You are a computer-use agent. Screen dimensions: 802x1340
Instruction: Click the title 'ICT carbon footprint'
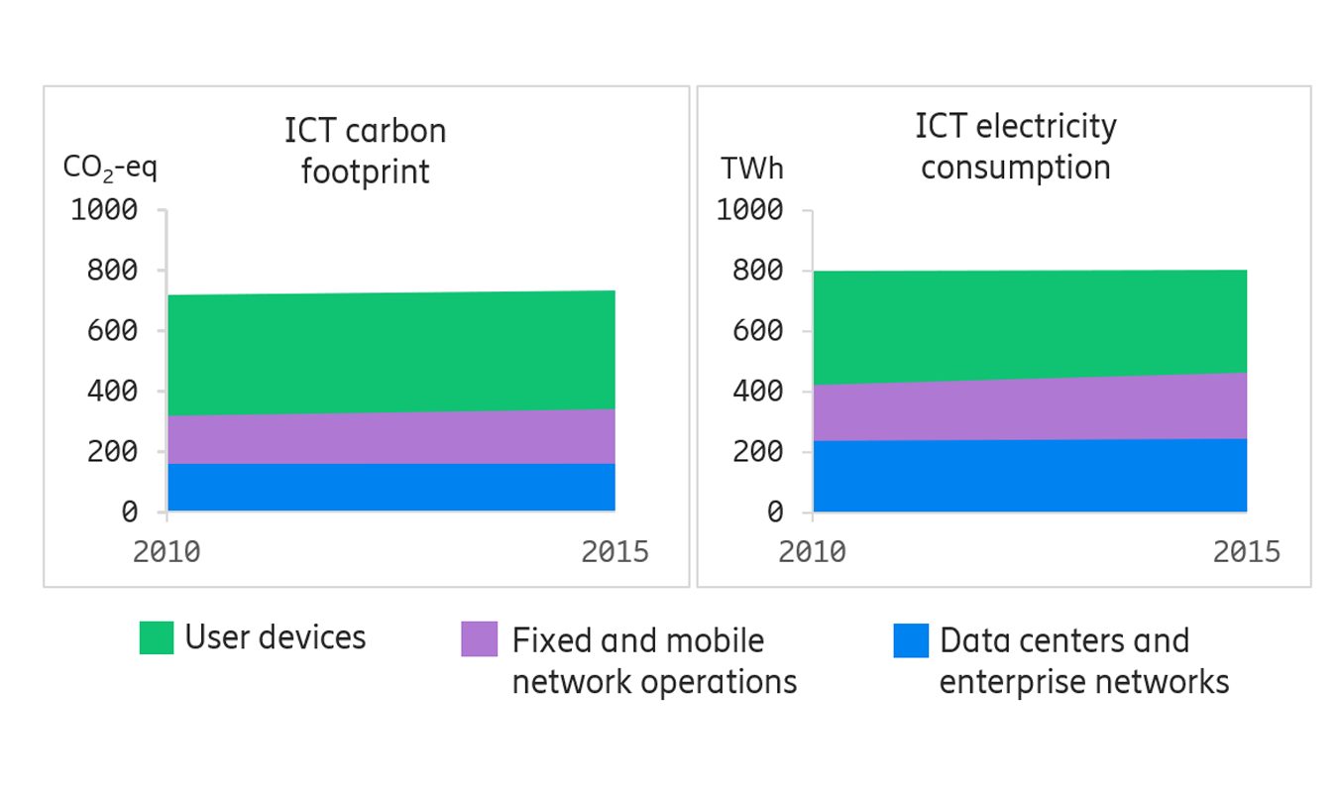365,151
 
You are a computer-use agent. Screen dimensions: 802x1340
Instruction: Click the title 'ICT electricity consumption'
1015,147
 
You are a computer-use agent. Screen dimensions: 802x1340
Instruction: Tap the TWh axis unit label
752,169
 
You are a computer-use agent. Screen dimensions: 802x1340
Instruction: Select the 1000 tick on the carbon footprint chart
103,210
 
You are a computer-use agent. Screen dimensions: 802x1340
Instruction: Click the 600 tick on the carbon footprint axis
112,330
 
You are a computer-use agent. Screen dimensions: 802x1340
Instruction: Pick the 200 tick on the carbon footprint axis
112,451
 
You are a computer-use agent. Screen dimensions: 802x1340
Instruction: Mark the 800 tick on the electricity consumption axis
757,271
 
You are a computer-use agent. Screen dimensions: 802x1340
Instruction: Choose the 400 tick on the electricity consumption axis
757,391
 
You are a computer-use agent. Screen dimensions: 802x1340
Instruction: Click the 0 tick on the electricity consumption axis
775,513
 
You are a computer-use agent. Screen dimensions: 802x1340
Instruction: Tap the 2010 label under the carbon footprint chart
167,551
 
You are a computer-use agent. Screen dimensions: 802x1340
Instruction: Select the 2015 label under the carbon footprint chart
614,551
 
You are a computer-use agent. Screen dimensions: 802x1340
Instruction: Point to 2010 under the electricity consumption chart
812,551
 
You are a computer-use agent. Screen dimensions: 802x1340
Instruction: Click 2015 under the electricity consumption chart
1246,551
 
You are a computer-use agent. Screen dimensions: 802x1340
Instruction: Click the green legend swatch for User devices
157,637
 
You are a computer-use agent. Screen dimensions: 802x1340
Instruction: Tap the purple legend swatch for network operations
480,639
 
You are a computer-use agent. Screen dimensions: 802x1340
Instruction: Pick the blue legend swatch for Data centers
911,640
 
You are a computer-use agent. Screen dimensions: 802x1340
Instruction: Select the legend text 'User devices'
276,637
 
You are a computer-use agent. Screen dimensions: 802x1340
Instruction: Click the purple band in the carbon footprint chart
391,437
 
